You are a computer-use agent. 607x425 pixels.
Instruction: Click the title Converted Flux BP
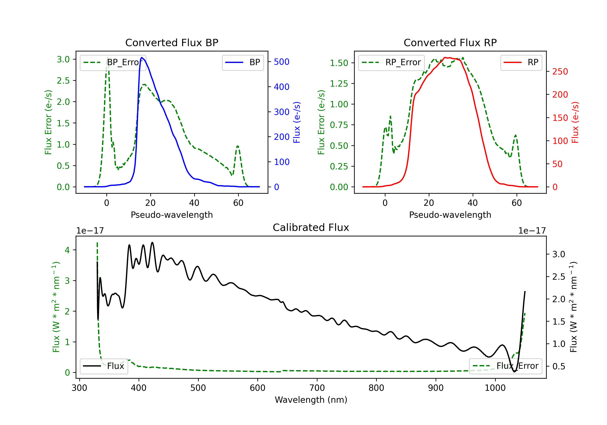pos(172,42)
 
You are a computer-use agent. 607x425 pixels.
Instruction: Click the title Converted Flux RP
pos(450,42)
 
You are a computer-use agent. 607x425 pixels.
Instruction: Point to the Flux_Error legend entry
pos(505,366)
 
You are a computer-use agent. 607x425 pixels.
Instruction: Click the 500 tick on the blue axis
pos(282,62)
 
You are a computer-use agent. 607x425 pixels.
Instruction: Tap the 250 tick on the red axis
pos(560,71)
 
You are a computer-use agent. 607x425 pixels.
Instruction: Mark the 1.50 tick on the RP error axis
pos(339,63)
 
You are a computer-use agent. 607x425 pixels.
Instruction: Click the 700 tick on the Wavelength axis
pos(317,388)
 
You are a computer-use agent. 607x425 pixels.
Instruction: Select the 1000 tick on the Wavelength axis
pos(495,388)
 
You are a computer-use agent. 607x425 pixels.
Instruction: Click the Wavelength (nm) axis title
pos(311,400)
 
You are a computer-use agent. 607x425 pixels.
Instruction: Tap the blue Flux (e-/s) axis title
pos(297,122)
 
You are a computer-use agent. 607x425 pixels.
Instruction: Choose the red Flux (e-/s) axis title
pos(575,122)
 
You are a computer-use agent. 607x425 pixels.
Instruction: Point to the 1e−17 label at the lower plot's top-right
pos(532,231)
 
